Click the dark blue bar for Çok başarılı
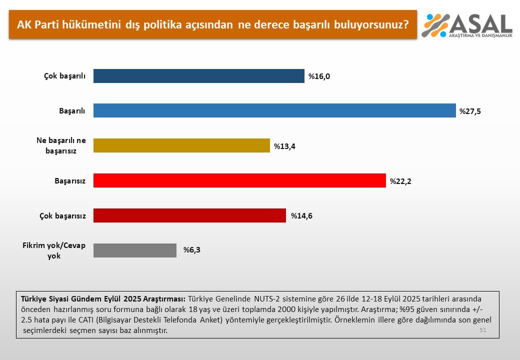point(199,76)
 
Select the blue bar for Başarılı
point(274,110)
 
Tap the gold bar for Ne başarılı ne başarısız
point(181,145)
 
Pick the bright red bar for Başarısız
point(239,180)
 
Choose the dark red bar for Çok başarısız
point(189,215)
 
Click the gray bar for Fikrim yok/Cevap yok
point(135,250)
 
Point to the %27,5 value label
point(470,111)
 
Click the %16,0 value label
point(318,76)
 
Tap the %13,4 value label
point(284,146)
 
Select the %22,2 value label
point(400,181)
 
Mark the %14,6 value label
point(301,216)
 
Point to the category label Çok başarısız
point(62,216)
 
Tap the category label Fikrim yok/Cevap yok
point(54,250)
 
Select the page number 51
point(482,330)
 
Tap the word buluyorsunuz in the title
point(369,24)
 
